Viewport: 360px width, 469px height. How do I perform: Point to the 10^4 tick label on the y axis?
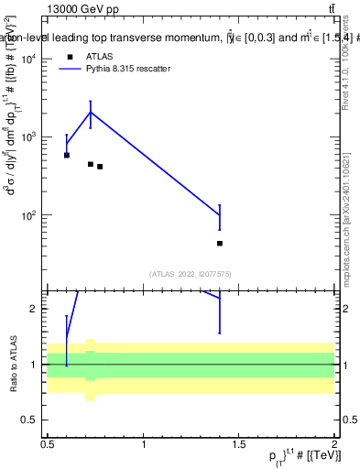point(29,59)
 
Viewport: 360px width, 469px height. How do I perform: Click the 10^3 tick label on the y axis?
point(29,137)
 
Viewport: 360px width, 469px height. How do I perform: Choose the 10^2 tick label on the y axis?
point(29,216)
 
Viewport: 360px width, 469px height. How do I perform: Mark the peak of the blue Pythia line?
point(91,112)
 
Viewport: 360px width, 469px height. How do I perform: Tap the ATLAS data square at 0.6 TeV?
point(67,155)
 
